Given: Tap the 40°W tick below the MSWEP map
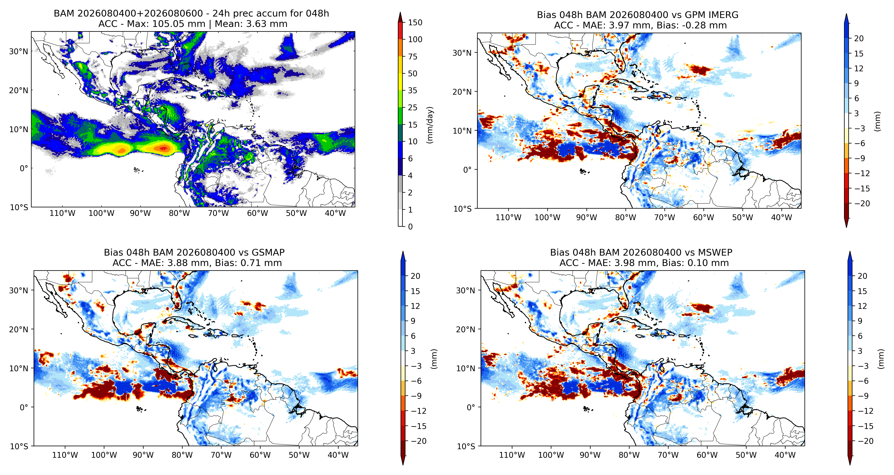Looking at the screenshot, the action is point(785,455).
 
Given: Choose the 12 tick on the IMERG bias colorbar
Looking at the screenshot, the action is point(859,68).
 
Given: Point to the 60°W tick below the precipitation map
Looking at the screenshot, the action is point(257,213).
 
